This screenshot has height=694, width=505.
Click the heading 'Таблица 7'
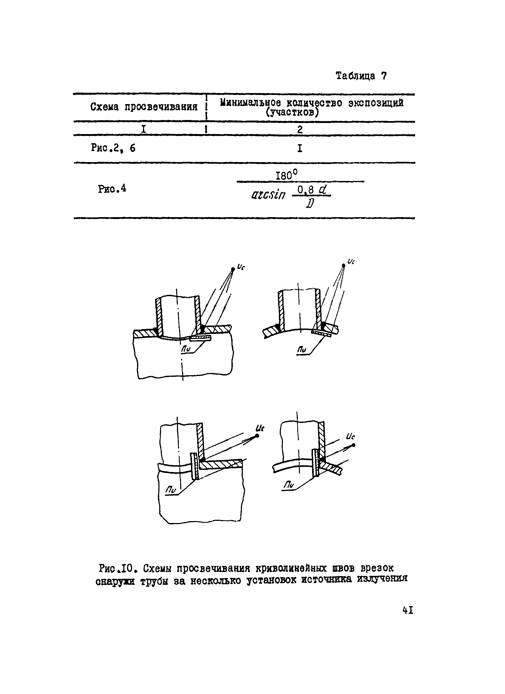tap(361, 76)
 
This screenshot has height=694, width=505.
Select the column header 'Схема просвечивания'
tap(144, 107)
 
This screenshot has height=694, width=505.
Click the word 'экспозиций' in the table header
tap(376, 103)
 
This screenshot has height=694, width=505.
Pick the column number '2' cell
tap(300, 129)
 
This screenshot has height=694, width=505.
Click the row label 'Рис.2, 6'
tap(113, 148)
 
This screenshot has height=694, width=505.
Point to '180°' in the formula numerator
tap(286, 176)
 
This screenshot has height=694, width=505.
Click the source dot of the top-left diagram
tap(233, 269)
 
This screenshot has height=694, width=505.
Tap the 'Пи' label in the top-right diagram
tap(302, 350)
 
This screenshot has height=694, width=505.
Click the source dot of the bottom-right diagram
tap(353, 445)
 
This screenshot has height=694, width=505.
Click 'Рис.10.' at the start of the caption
tap(117, 569)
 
